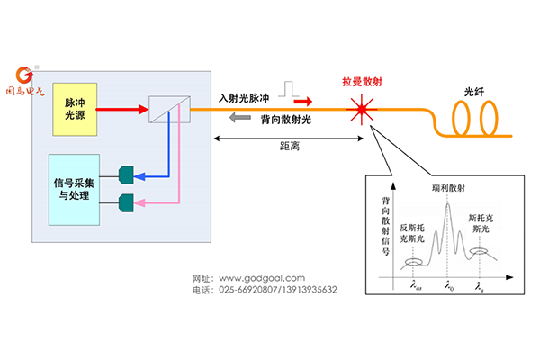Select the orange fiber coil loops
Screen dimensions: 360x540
[475, 117]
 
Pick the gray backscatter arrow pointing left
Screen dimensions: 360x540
[238, 119]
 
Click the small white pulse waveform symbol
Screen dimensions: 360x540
[290, 87]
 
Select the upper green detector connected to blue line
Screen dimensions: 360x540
[126, 171]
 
